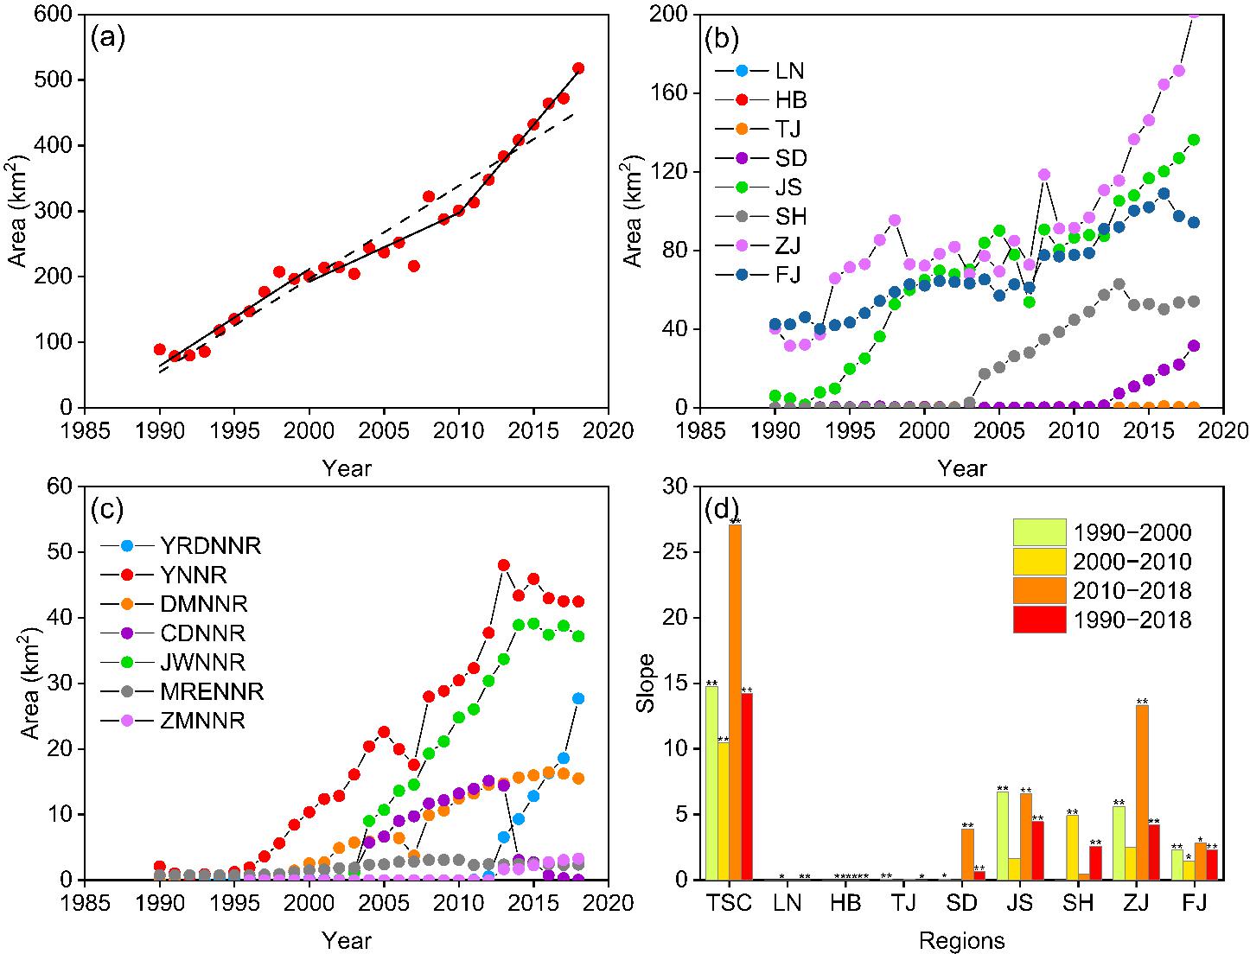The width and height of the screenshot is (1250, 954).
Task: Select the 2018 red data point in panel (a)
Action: (x=578, y=68)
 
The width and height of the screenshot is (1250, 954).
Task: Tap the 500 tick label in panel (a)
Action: (x=54, y=80)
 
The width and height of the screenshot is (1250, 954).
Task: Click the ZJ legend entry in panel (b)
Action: (x=783, y=245)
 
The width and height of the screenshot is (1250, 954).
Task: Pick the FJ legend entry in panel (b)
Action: (x=783, y=275)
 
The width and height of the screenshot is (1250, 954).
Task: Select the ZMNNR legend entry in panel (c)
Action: (x=202, y=720)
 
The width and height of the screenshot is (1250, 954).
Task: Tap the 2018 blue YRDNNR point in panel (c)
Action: (x=578, y=698)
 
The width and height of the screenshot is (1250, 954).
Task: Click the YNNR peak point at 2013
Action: (x=504, y=565)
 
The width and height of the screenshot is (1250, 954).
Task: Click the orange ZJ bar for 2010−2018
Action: (x=1143, y=792)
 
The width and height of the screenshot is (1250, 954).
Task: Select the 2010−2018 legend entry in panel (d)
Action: (x=1133, y=591)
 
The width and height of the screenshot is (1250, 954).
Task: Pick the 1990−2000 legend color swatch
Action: (x=1040, y=532)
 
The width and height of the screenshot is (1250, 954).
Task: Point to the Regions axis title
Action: (x=962, y=939)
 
